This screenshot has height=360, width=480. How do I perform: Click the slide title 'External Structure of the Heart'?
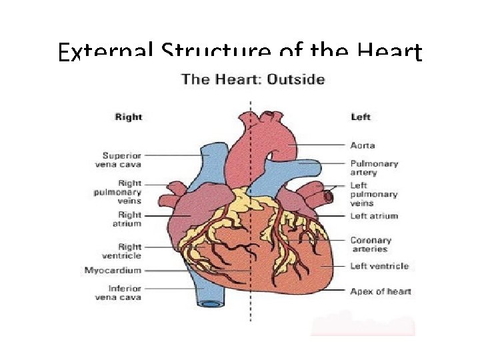click(239, 52)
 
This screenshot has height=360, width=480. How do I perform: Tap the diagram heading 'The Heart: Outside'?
click(253, 79)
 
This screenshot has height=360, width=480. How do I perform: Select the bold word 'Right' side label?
click(129, 117)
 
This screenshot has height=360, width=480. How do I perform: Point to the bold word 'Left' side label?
click(361, 117)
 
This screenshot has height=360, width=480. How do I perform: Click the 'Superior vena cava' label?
click(122, 160)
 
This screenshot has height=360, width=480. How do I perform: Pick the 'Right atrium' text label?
click(129, 219)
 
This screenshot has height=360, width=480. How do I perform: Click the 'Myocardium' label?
click(113, 271)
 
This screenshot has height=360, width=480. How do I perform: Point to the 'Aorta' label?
click(363, 145)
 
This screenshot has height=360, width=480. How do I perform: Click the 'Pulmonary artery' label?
click(374, 168)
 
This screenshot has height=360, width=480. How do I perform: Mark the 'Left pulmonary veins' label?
click(373, 194)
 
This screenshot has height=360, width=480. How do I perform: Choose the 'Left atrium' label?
click(374, 216)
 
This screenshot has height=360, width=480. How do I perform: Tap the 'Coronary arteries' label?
click(371, 245)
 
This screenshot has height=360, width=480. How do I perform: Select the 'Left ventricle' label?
click(379, 266)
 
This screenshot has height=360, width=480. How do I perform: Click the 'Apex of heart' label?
click(381, 291)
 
